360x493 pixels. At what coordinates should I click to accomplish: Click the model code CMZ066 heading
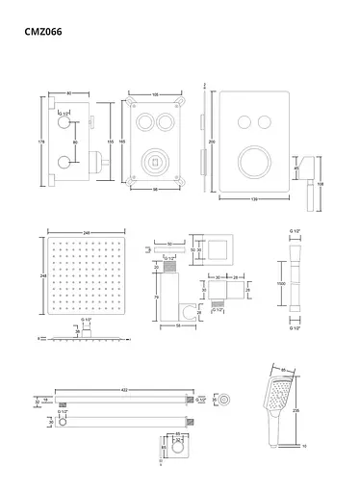pyautogui.click(x=45, y=31)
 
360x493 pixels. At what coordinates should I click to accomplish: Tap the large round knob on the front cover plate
pyautogui.click(x=251, y=156)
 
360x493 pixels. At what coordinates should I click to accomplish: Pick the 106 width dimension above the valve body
pyautogui.click(x=156, y=94)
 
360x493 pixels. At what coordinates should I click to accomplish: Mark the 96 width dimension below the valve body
pyautogui.click(x=156, y=190)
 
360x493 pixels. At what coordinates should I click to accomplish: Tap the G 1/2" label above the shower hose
pyautogui.click(x=296, y=232)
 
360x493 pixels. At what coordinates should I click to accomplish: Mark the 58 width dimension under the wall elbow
pyautogui.click(x=177, y=327)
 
